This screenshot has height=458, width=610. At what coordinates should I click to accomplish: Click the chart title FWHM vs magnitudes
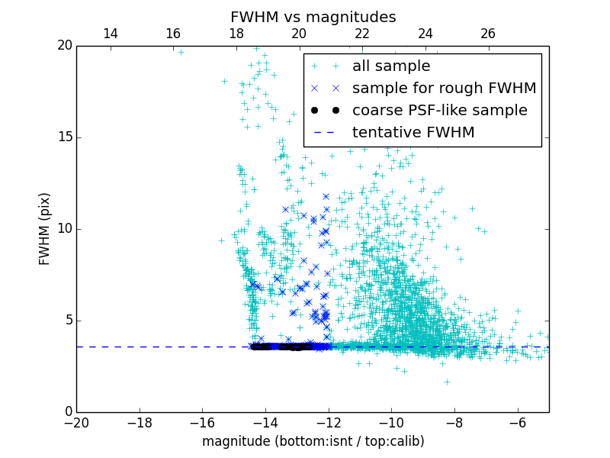[313, 17]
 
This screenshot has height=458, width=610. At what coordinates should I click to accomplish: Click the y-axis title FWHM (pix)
[45, 229]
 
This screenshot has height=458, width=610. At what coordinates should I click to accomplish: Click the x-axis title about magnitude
[313, 441]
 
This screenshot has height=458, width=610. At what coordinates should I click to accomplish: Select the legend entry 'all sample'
[390, 66]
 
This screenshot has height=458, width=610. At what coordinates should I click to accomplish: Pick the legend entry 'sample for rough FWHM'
[444, 89]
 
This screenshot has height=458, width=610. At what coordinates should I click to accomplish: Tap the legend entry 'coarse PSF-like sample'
[439, 111]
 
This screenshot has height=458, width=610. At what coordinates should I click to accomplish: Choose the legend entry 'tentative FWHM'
[413, 133]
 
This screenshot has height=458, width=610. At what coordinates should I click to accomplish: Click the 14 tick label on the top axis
[110, 34]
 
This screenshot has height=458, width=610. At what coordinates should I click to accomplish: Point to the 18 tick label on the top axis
[236, 34]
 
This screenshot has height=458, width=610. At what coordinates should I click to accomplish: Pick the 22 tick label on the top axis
[362, 34]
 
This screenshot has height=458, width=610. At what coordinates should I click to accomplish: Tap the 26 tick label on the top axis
[488, 34]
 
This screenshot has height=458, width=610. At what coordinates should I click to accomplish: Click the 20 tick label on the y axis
[63, 46]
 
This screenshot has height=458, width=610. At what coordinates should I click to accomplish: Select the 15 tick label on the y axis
[63, 137]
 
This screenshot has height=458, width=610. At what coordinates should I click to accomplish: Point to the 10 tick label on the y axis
[63, 229]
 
